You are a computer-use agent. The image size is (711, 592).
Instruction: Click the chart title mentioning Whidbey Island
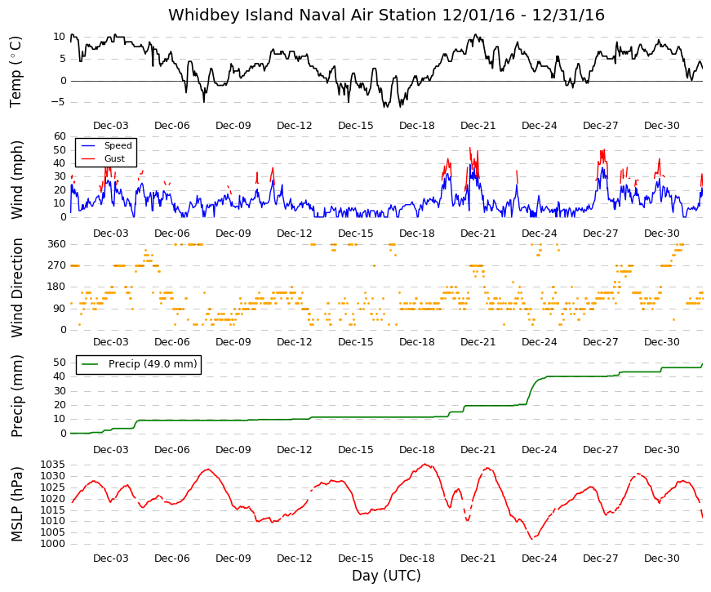[386, 15]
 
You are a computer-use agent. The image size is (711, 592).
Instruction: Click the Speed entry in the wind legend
[118, 145]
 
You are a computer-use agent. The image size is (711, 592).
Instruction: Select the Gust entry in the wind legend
[114, 158]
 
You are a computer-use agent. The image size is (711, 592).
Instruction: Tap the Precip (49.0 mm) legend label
[153, 364]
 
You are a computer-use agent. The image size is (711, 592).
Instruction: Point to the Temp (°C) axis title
[16, 72]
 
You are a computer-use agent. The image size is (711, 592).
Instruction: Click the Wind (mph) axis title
[16, 180]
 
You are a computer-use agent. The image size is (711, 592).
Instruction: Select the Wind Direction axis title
[16, 287]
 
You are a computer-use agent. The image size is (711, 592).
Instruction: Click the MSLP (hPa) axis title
[16, 505]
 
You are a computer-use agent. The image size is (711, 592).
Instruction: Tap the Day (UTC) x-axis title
[386, 575]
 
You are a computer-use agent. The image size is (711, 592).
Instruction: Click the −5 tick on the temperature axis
[59, 103]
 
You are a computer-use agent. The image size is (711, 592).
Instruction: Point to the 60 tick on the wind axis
[60, 136]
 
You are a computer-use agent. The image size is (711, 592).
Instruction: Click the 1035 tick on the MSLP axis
[52, 465]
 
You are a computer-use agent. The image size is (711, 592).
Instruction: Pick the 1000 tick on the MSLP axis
[52, 544]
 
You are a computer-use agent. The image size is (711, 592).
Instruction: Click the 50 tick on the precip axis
[60, 363]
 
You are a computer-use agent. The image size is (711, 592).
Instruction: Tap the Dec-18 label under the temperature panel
[416, 126]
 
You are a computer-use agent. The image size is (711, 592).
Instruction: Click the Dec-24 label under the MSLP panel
[539, 559]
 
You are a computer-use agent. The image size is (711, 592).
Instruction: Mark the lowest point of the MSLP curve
[532, 539]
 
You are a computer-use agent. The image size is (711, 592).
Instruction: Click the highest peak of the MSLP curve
[424, 464]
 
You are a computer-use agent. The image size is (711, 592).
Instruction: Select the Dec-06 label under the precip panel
[172, 450]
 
